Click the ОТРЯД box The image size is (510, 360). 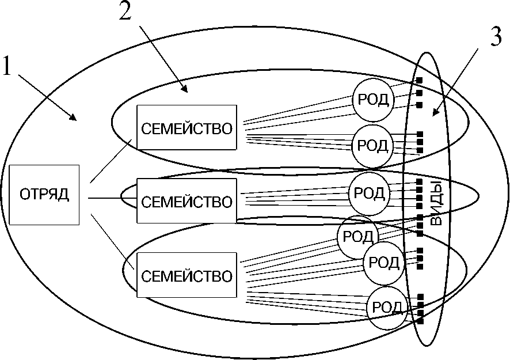pyautogui.click(x=44, y=195)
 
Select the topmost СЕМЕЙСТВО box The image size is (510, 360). pyautogui.click(x=187, y=128)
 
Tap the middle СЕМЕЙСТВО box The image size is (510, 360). pyautogui.click(x=187, y=201)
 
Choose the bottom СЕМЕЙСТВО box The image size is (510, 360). pyautogui.click(x=187, y=275)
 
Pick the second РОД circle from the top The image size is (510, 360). pyautogui.click(x=372, y=143)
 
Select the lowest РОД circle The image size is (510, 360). pyautogui.click(x=388, y=308)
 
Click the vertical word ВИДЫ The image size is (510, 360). pyautogui.click(x=436, y=204)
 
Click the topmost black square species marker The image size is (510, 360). pyautogui.click(x=420, y=81)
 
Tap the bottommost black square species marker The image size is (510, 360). pyautogui.click(x=420, y=321)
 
